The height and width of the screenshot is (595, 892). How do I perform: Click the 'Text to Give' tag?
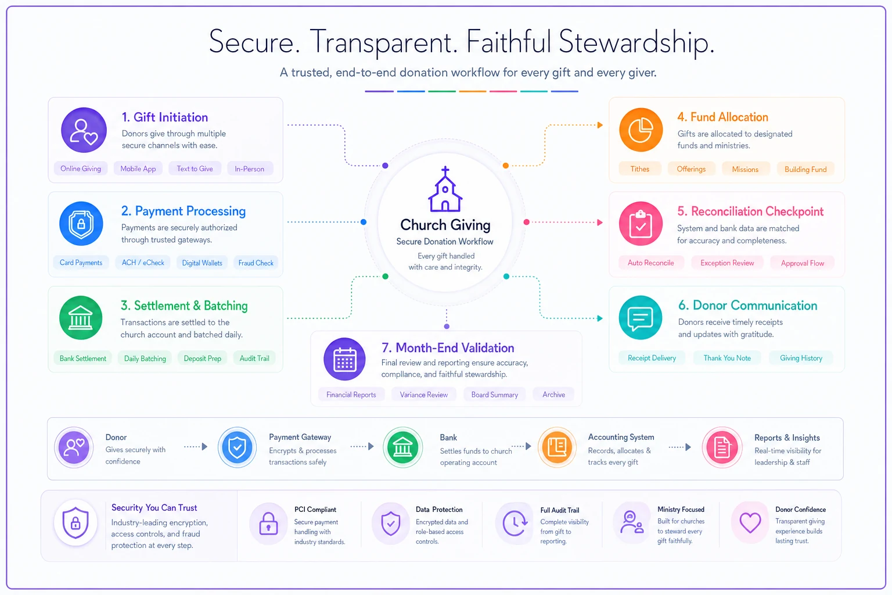point(195,169)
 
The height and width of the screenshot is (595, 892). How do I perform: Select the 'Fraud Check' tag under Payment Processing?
point(256,263)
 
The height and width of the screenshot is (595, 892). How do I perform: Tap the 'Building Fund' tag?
point(805,169)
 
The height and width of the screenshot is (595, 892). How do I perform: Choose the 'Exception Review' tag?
point(727,263)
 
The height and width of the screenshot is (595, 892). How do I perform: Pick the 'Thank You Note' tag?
point(727,358)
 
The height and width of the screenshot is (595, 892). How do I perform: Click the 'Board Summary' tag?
point(495,395)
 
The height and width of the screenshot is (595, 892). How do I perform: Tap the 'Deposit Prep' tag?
point(202,359)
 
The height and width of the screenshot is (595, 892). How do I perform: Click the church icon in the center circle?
point(445,189)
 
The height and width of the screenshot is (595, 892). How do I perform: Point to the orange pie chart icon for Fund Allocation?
point(641,130)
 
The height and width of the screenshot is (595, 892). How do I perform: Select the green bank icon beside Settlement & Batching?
point(81,318)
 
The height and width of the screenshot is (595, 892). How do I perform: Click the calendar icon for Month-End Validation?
point(344,359)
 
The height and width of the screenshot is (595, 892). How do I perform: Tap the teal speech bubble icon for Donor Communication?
point(641,318)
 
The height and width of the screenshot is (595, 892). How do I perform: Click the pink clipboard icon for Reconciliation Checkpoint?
point(641,224)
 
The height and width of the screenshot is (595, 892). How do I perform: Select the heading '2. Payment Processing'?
point(183,211)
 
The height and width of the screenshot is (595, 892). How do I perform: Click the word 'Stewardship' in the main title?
point(636,42)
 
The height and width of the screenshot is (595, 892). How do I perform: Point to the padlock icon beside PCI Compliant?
point(268,524)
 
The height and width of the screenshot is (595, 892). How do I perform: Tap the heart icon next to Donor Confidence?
point(750,522)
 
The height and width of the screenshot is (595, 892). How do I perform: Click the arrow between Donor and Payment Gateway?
point(196,447)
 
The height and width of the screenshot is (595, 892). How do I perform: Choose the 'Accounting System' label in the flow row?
point(621,437)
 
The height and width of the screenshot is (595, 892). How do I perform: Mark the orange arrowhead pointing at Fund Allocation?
point(600,125)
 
